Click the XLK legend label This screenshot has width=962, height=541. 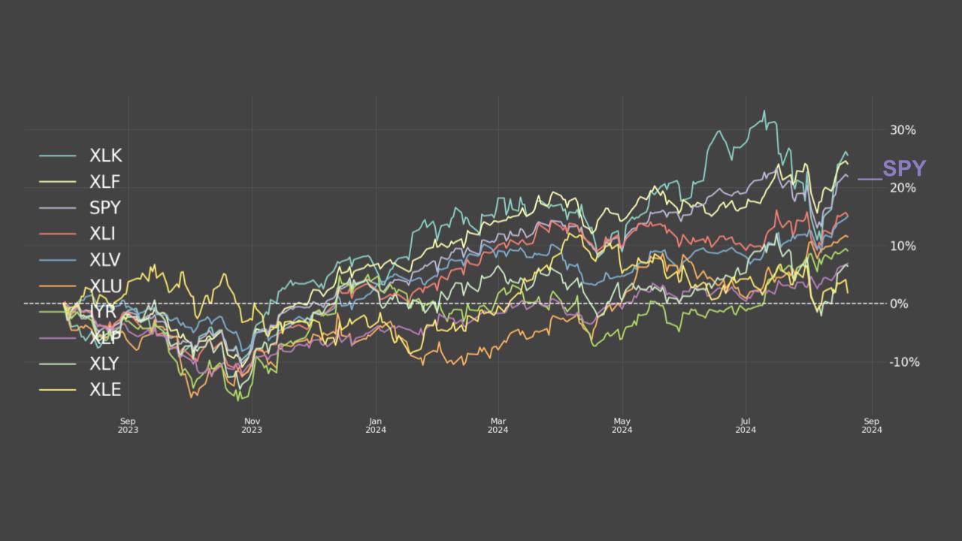pyautogui.click(x=105, y=156)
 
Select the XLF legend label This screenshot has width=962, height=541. pyautogui.click(x=104, y=182)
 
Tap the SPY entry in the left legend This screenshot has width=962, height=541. pyautogui.click(x=104, y=208)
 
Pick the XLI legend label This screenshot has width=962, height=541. pyautogui.click(x=102, y=234)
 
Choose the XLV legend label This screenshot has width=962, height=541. pyautogui.click(x=104, y=260)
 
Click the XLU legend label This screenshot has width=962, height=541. pyautogui.click(x=105, y=286)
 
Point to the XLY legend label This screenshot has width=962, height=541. pyautogui.click(x=104, y=364)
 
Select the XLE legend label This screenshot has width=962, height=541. pyautogui.click(x=104, y=389)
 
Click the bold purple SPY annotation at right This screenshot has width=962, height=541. pyautogui.click(x=904, y=168)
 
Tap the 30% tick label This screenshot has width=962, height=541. pyautogui.click(x=903, y=130)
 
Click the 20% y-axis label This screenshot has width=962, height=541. pyautogui.click(x=903, y=188)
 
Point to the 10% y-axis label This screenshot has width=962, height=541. pyautogui.click(x=903, y=246)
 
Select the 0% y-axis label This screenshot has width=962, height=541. pyautogui.click(x=899, y=304)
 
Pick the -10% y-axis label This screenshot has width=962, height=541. pyautogui.click(x=904, y=361)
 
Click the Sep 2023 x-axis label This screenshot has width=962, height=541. pyautogui.click(x=128, y=425)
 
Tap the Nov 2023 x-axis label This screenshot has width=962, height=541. pyautogui.click(x=252, y=425)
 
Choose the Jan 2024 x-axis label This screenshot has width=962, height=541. pyautogui.click(x=376, y=425)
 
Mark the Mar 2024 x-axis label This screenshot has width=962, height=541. pyautogui.click(x=498, y=425)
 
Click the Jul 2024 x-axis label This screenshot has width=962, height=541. pyautogui.click(x=746, y=425)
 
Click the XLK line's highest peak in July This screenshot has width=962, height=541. pyautogui.click(x=764, y=111)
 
